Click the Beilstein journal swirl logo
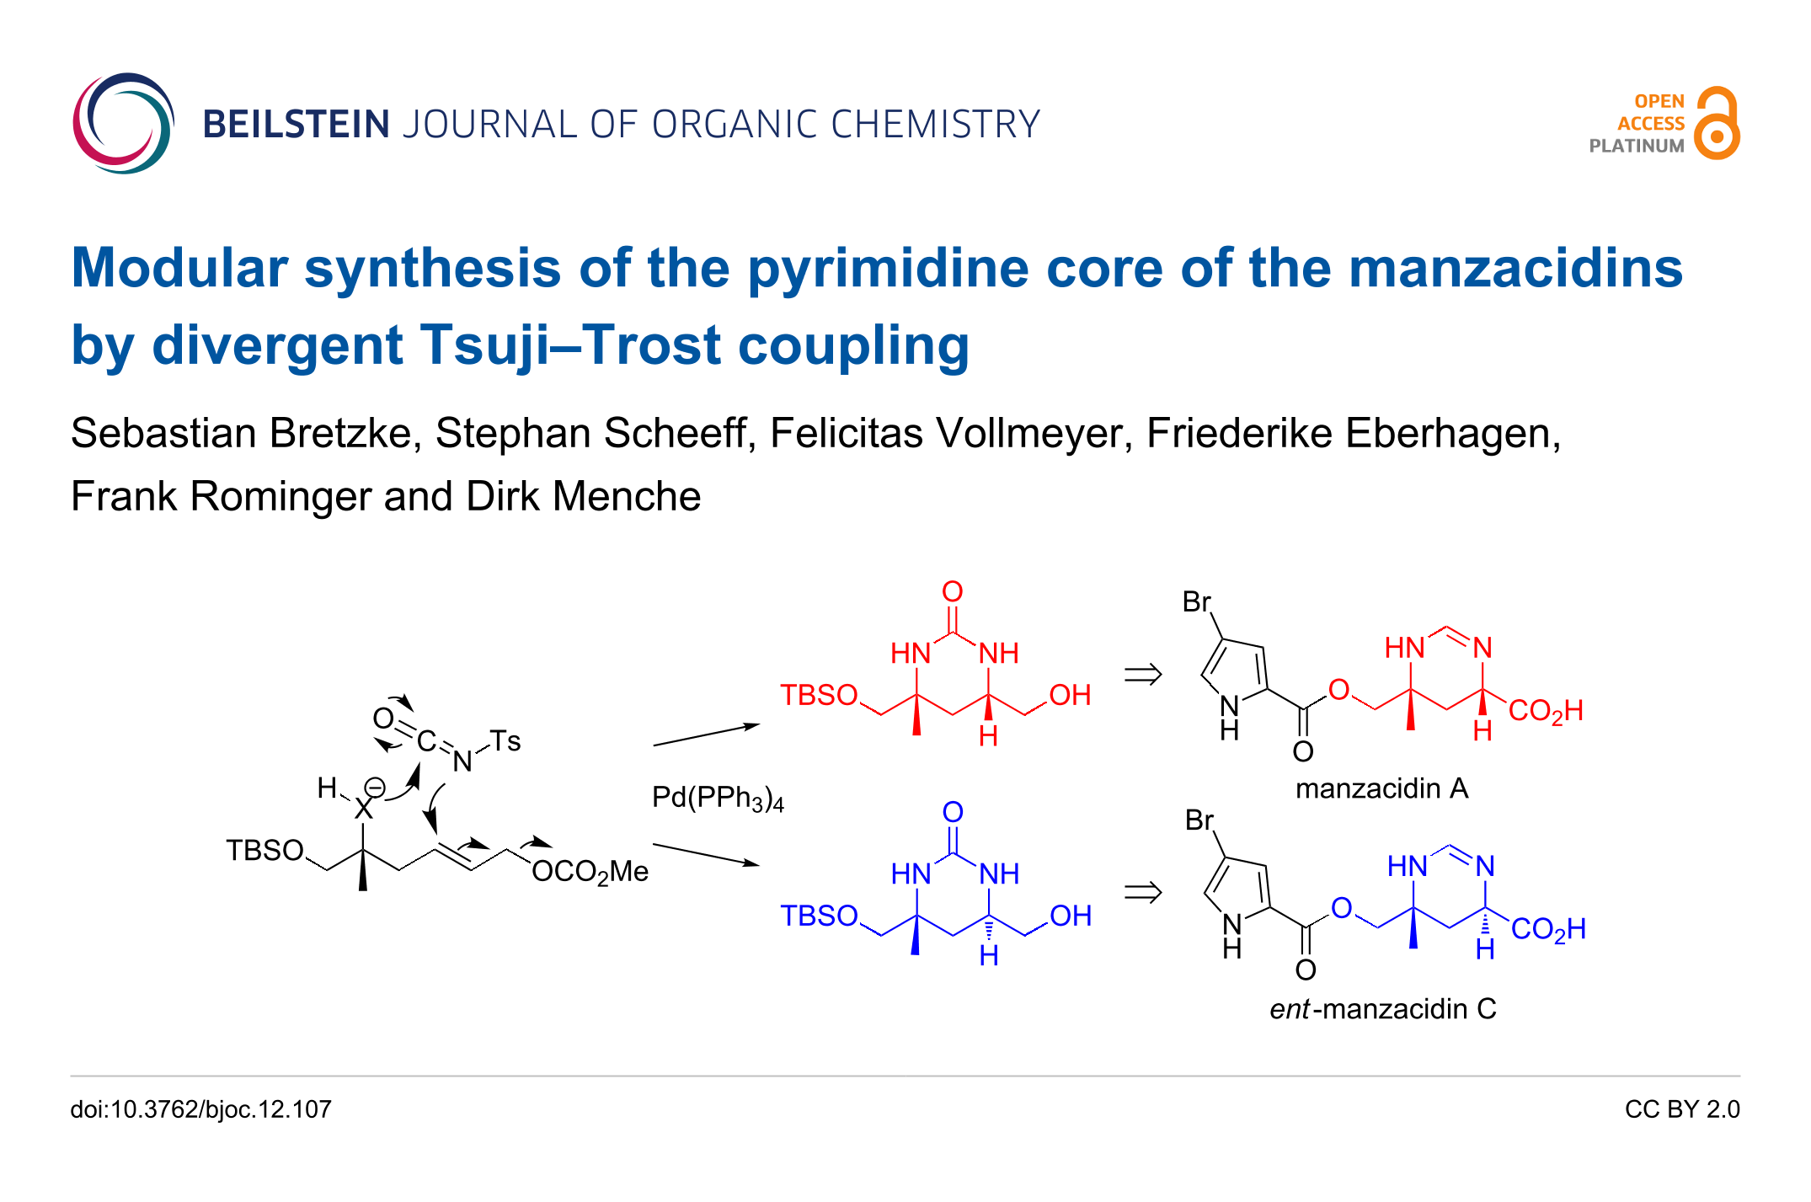point(123,123)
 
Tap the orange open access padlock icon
point(1717,124)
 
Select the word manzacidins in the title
point(1515,268)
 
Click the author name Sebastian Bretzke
point(241,434)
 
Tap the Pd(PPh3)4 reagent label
point(718,798)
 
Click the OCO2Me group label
point(590,872)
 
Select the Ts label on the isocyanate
point(505,741)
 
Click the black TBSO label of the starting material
point(264,851)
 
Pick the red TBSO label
point(818,696)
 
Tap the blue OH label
point(1070,916)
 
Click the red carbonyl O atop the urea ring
point(953,591)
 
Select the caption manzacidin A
point(1381,788)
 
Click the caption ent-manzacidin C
point(1382,1008)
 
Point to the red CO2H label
point(1545,711)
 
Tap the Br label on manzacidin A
point(1196,602)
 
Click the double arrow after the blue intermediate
point(1143,892)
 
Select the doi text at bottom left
point(200,1109)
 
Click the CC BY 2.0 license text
point(1681,1109)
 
